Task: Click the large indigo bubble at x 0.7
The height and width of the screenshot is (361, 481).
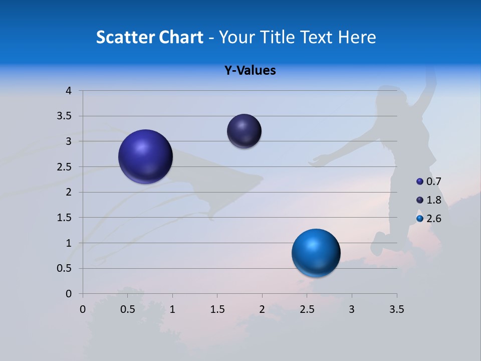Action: click(x=145, y=156)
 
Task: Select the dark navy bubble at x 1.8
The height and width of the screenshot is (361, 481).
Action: click(x=244, y=131)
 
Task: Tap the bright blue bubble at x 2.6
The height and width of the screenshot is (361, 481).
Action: click(x=316, y=253)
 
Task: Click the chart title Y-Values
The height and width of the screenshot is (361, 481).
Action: click(x=250, y=71)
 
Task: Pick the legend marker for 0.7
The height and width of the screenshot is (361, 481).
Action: click(x=420, y=181)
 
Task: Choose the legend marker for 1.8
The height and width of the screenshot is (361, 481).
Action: click(x=420, y=200)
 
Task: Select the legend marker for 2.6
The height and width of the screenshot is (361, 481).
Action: click(x=420, y=219)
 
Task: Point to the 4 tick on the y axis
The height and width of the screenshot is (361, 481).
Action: click(x=69, y=91)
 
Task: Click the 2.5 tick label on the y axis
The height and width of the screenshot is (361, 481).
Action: click(x=65, y=167)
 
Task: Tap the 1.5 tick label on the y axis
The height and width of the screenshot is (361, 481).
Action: click(x=65, y=218)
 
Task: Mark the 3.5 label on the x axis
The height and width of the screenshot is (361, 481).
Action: click(x=396, y=309)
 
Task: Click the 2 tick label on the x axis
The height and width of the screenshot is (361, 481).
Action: click(x=262, y=309)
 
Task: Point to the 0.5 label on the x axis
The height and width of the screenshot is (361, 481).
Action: click(x=127, y=309)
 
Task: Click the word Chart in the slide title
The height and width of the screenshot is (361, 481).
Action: click(x=181, y=37)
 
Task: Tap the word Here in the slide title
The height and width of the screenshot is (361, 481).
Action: click(x=357, y=37)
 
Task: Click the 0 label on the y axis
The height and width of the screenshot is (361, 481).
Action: click(x=69, y=294)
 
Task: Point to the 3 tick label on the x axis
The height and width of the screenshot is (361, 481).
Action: click(x=352, y=309)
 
